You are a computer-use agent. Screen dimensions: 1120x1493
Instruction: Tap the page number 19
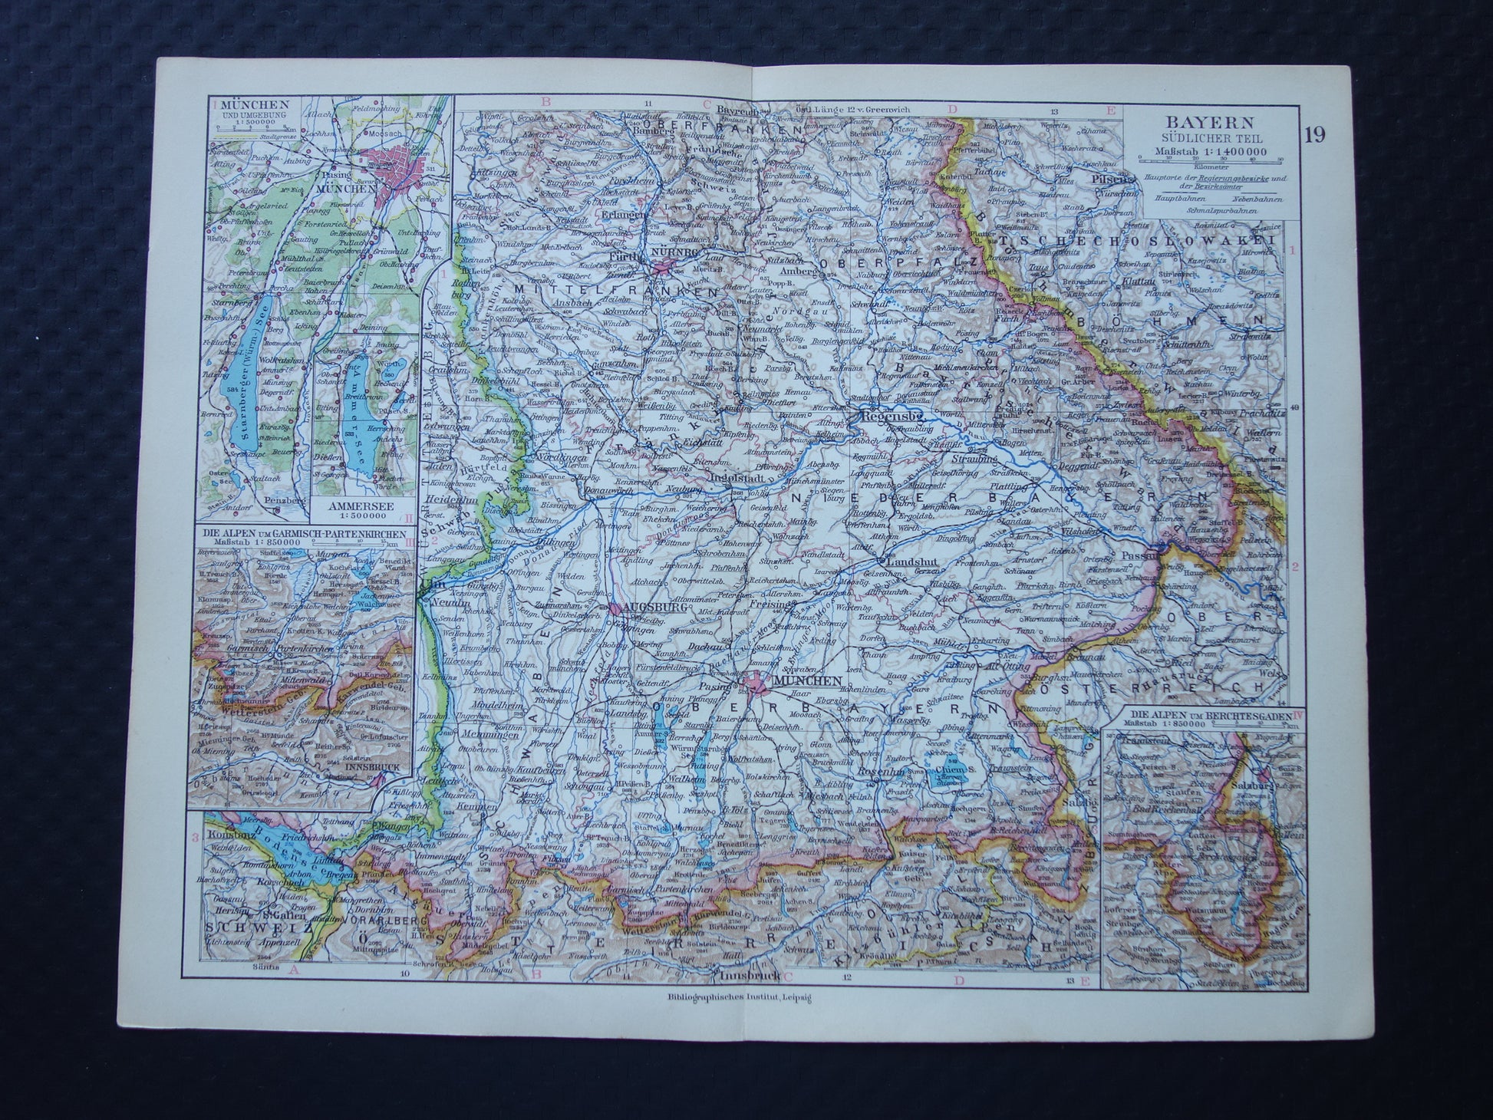1313,134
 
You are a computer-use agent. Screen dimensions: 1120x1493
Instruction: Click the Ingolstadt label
737,474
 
